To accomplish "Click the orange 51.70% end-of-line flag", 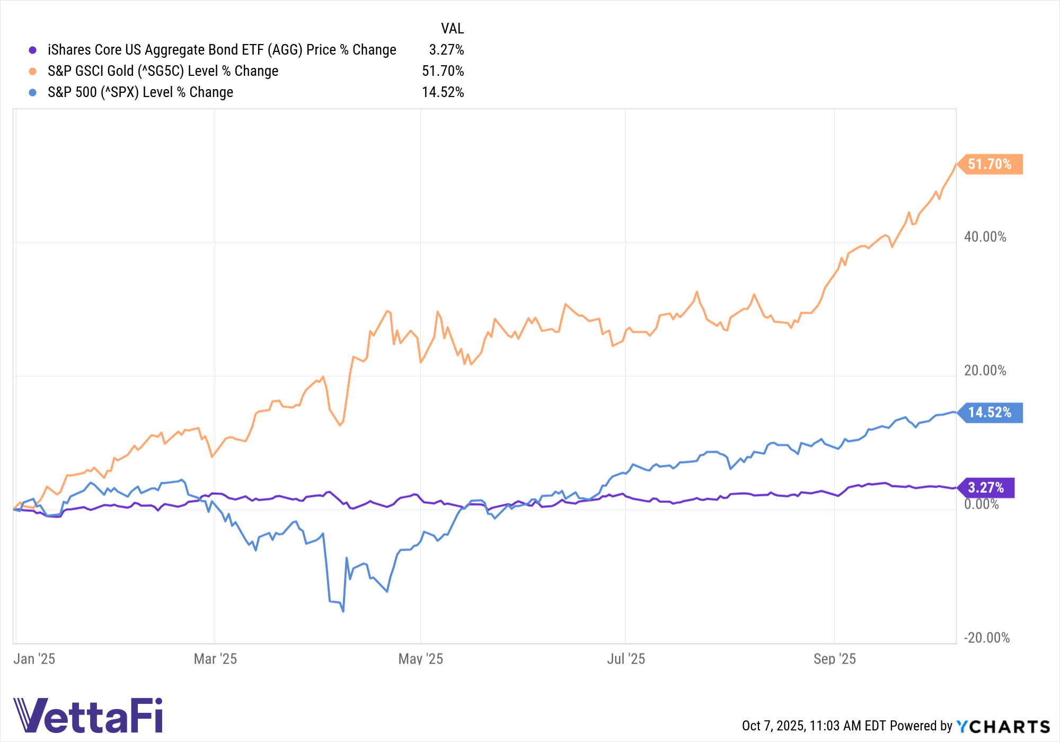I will (990, 164).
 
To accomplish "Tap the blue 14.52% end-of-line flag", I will (990, 413).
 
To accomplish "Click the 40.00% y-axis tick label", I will (985, 237).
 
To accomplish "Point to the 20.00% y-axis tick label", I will (985, 371).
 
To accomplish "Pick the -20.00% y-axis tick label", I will (986, 638).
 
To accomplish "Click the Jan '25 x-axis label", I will (34, 659).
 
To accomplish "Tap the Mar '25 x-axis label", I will (215, 659).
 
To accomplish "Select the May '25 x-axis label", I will (421, 659).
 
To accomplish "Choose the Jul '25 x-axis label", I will (626, 659).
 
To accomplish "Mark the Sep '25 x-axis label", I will (835, 659).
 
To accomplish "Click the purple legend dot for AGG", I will (33, 50).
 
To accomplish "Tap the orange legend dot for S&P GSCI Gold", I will (33, 72).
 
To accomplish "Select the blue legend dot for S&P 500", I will (33, 93).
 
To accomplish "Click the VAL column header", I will (452, 29).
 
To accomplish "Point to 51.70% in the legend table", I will (443, 71).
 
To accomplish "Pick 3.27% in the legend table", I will (446, 50).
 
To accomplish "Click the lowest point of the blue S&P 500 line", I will (343, 612).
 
